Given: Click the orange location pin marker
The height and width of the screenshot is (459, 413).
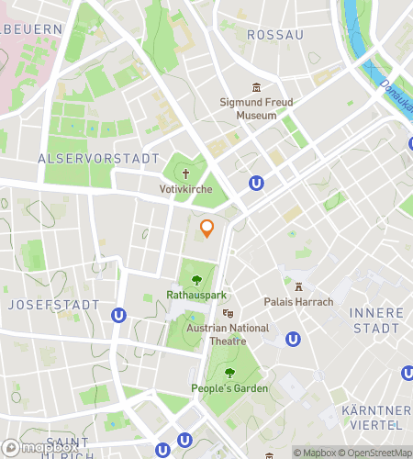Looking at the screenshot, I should [207, 229].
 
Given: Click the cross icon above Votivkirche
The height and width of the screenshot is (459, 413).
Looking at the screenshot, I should [185, 173].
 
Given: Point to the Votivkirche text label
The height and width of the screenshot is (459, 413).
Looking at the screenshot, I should [185, 189].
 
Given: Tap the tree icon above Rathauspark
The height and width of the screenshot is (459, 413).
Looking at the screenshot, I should [195, 279].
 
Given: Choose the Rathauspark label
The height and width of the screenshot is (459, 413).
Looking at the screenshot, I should [195, 296].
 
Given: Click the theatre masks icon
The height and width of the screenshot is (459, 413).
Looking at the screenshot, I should [228, 313].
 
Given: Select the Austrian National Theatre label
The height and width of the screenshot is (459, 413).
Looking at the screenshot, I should [228, 334].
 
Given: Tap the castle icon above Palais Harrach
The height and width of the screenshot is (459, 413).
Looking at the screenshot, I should [298, 284].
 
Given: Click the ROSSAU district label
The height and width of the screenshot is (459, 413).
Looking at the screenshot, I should [275, 35].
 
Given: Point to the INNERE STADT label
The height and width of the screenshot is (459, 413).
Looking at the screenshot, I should [375, 320].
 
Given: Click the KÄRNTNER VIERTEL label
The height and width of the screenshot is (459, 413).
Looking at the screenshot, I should [375, 417].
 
